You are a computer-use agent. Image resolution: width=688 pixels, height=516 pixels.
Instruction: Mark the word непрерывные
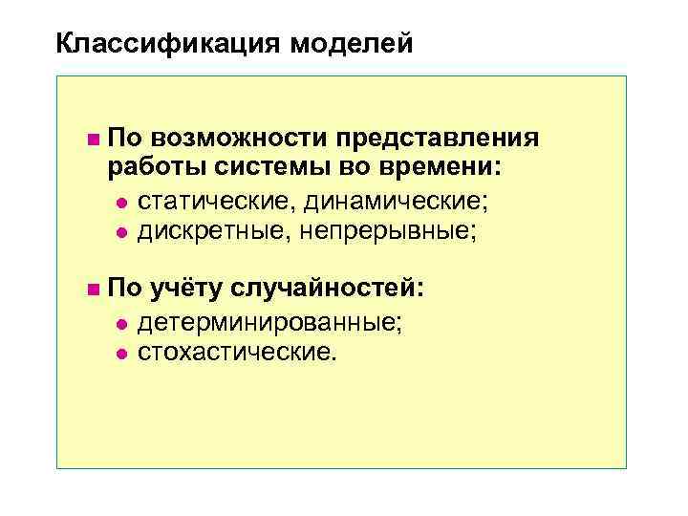[391, 231]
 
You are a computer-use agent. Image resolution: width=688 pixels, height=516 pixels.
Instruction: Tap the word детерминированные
[269, 322]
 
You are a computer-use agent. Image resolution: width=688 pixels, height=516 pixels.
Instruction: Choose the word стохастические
[237, 353]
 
